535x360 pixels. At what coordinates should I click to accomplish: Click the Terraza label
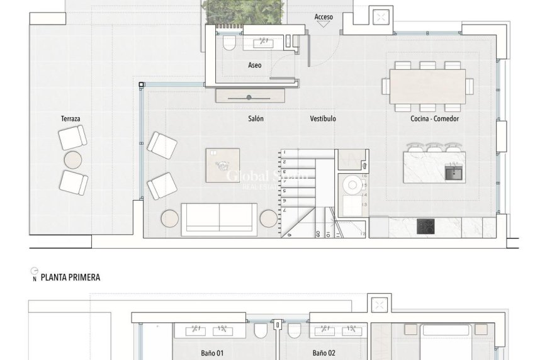[x=70, y=118]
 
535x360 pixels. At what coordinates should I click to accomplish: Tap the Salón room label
[x=256, y=118]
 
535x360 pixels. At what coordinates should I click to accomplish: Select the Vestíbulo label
[x=323, y=118]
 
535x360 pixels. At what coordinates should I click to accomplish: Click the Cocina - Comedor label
[x=434, y=118]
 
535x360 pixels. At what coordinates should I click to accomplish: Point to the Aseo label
[x=255, y=65]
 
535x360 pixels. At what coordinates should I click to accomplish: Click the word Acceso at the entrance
[x=324, y=17]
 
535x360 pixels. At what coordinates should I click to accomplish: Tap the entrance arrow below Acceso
[x=324, y=25]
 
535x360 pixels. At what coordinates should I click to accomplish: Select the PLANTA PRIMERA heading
[x=70, y=277]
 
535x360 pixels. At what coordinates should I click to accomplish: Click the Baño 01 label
[x=212, y=353]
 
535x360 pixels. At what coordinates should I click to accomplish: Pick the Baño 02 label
[x=324, y=353]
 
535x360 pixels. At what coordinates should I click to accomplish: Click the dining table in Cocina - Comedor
[x=427, y=86]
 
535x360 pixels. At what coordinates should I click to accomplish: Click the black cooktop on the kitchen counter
[x=425, y=226]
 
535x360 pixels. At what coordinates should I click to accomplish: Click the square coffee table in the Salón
[x=223, y=165]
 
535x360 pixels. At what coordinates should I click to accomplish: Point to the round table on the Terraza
[x=74, y=160]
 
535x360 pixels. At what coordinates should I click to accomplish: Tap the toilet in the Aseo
[x=229, y=43]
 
